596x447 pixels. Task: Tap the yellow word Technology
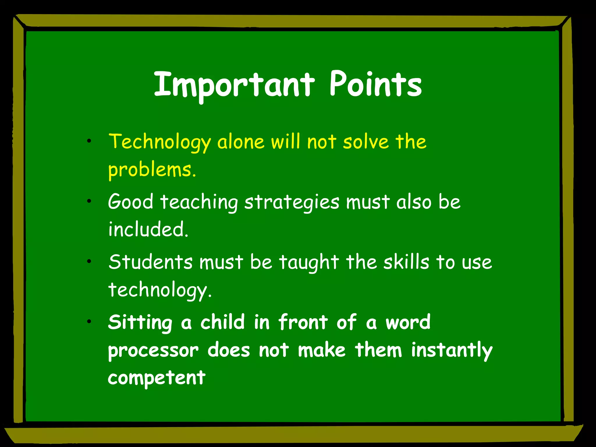click(159, 142)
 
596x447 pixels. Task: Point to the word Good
click(131, 201)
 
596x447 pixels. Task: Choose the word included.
click(148, 229)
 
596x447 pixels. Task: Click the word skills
click(406, 262)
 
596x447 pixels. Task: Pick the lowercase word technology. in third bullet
click(159, 290)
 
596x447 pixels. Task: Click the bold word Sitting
click(140, 322)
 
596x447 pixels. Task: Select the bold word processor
click(153, 351)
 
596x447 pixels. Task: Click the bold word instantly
click(451, 350)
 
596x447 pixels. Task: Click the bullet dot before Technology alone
click(89, 141)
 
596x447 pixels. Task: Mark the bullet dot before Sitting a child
click(89, 322)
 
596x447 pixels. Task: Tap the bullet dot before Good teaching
click(89, 201)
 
